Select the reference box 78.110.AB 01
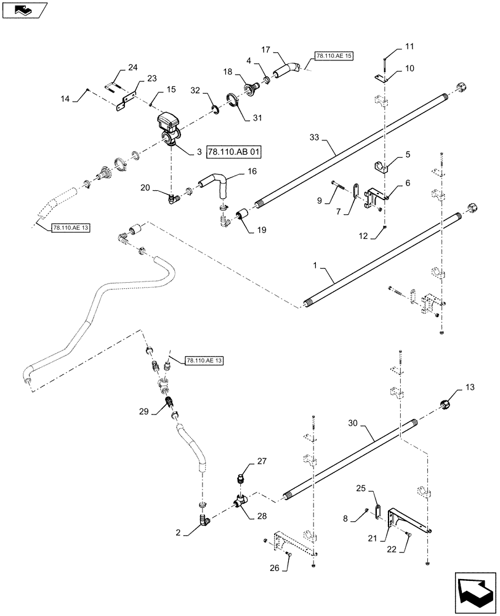click(x=227, y=152)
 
